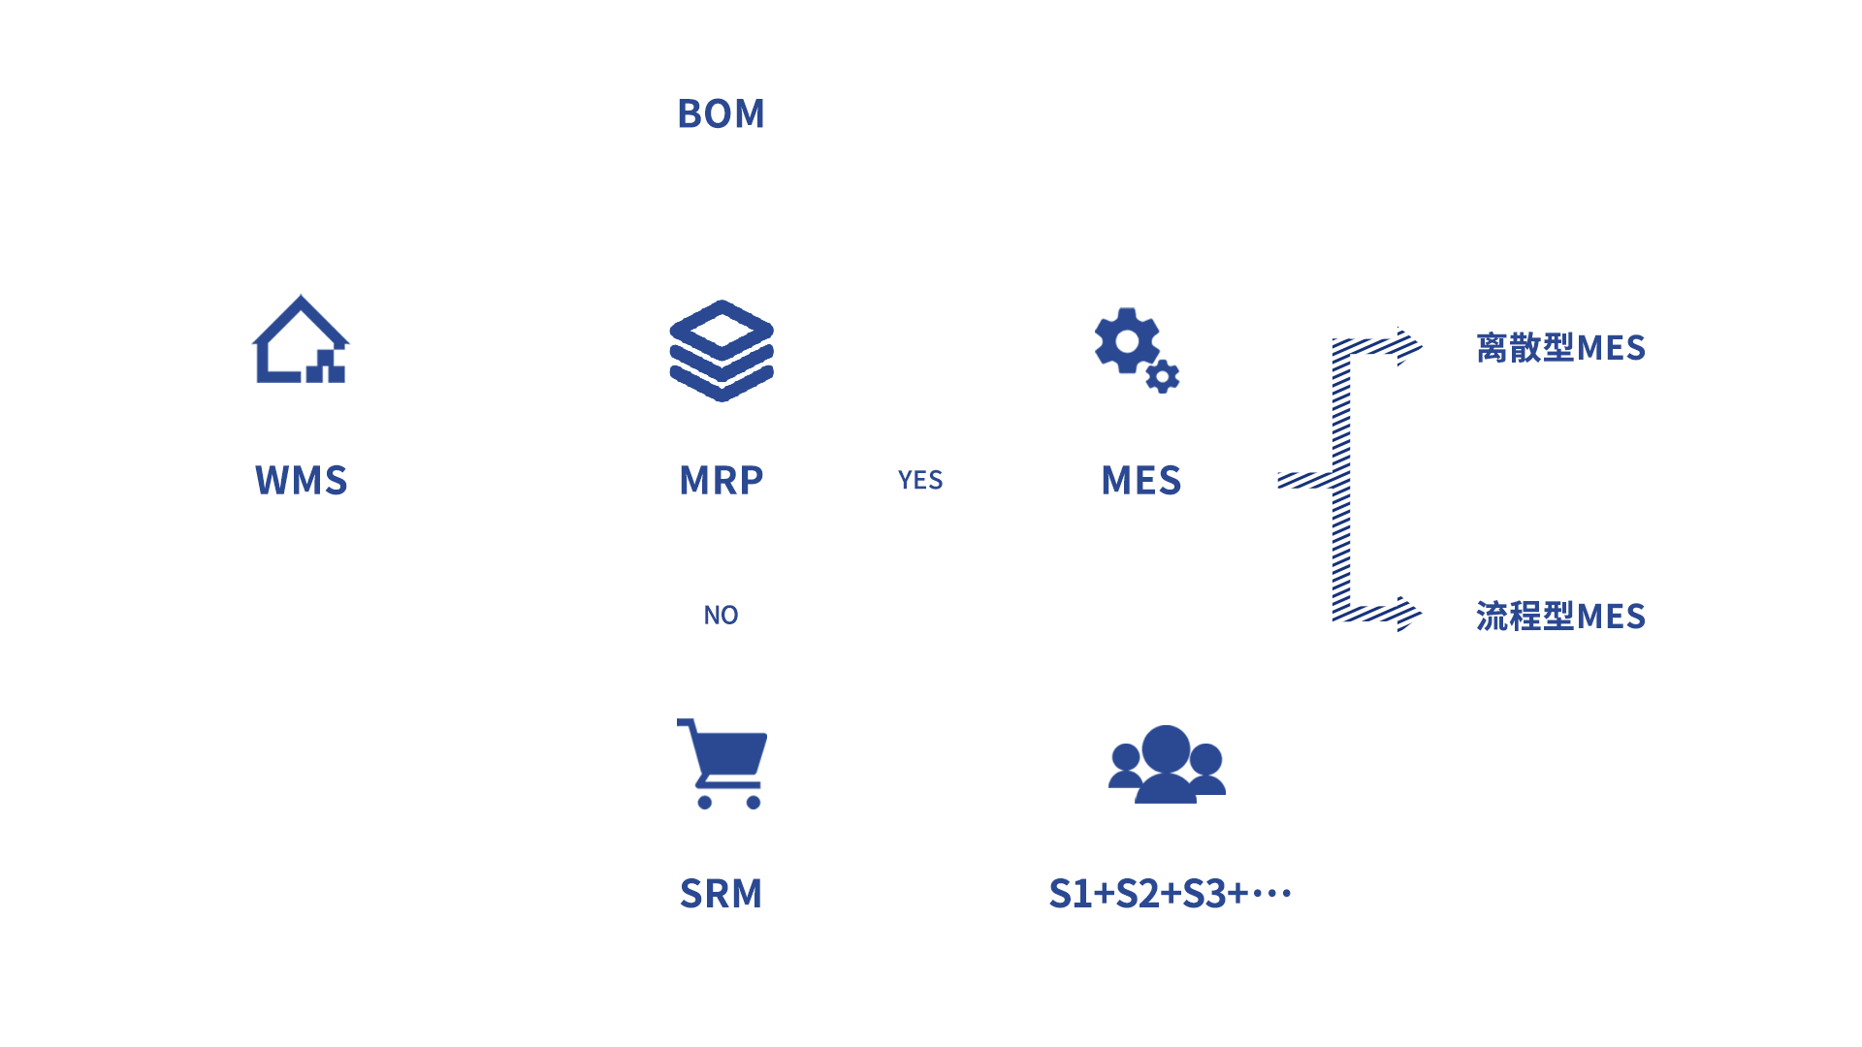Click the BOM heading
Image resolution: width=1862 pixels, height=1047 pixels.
tap(721, 113)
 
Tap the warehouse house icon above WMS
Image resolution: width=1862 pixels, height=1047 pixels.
tap(301, 340)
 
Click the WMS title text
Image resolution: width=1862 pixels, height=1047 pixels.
tap(301, 480)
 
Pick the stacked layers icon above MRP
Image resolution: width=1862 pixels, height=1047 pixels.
tap(722, 350)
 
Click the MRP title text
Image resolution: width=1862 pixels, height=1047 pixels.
tap(721, 480)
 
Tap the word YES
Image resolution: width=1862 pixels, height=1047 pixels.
tap(919, 480)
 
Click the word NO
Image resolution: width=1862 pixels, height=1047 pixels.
tap(721, 615)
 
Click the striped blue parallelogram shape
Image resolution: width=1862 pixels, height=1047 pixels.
tap(1350, 480)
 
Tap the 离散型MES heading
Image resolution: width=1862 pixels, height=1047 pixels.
tap(1560, 347)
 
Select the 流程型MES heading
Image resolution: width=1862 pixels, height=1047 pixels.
tap(1560, 616)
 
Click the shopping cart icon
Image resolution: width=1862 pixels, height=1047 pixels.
tap(722, 763)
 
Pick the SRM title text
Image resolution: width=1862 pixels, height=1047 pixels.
tap(721, 893)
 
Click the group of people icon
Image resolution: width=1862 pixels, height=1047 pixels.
tap(1167, 765)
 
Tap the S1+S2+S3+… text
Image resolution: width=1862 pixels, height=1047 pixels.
tap(1170, 893)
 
